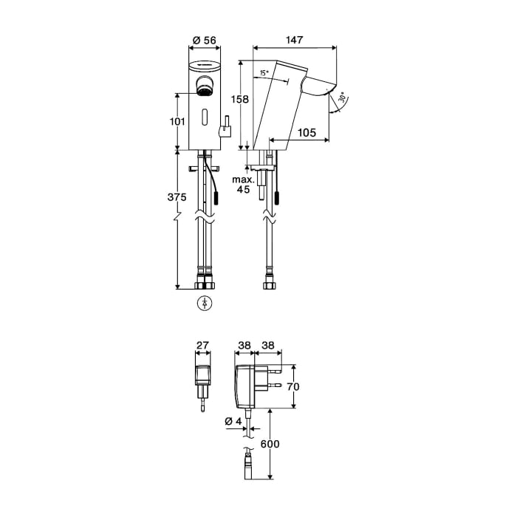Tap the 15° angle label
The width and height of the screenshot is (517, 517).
(x=264, y=73)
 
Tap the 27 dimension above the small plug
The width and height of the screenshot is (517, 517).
(x=202, y=345)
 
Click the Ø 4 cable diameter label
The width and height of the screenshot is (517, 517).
(x=233, y=422)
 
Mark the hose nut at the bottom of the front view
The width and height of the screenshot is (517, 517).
(x=203, y=284)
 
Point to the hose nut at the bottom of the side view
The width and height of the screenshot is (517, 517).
(x=269, y=284)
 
